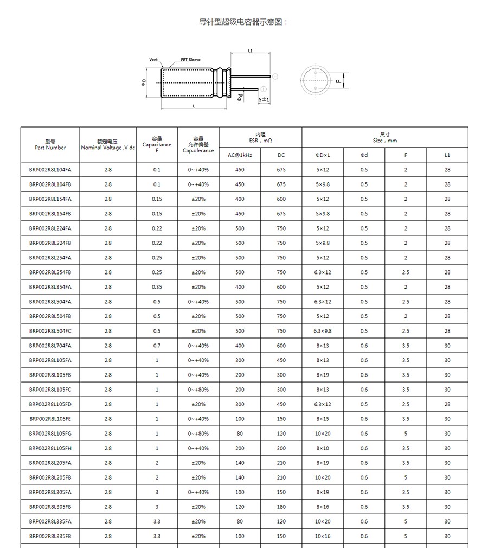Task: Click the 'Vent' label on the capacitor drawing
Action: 153,60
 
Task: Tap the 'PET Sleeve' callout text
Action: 190,60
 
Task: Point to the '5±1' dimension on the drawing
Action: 264,100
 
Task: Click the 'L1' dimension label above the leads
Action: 250,51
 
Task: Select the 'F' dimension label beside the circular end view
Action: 338,81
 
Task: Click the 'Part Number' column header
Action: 50,148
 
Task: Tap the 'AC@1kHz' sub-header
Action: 240,155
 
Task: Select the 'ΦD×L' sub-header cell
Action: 323,155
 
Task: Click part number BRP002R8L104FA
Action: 50,170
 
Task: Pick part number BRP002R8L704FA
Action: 50,346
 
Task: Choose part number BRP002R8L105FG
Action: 50,434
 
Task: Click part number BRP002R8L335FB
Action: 50,536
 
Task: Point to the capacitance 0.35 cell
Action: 157,287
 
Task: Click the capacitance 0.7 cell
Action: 157,346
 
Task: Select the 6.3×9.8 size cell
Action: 323,331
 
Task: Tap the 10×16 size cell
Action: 323,536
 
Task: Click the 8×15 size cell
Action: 323,419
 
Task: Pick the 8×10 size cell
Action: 323,448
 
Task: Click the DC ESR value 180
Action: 281,507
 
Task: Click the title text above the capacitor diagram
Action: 243,22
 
